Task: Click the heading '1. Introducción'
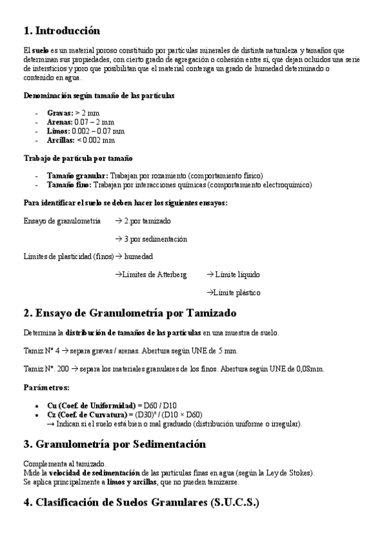[x=62, y=30]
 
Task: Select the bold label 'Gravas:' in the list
[x=60, y=112]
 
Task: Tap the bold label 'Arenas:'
[x=60, y=121]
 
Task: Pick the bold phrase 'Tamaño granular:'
[x=78, y=175]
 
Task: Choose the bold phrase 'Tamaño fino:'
[x=69, y=184]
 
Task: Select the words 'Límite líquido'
[x=237, y=274]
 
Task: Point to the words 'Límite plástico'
[x=237, y=292]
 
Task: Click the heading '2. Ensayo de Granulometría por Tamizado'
[x=129, y=313]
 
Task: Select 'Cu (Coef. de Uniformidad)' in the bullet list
[x=91, y=405]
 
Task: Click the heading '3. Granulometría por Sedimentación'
[x=114, y=444]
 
